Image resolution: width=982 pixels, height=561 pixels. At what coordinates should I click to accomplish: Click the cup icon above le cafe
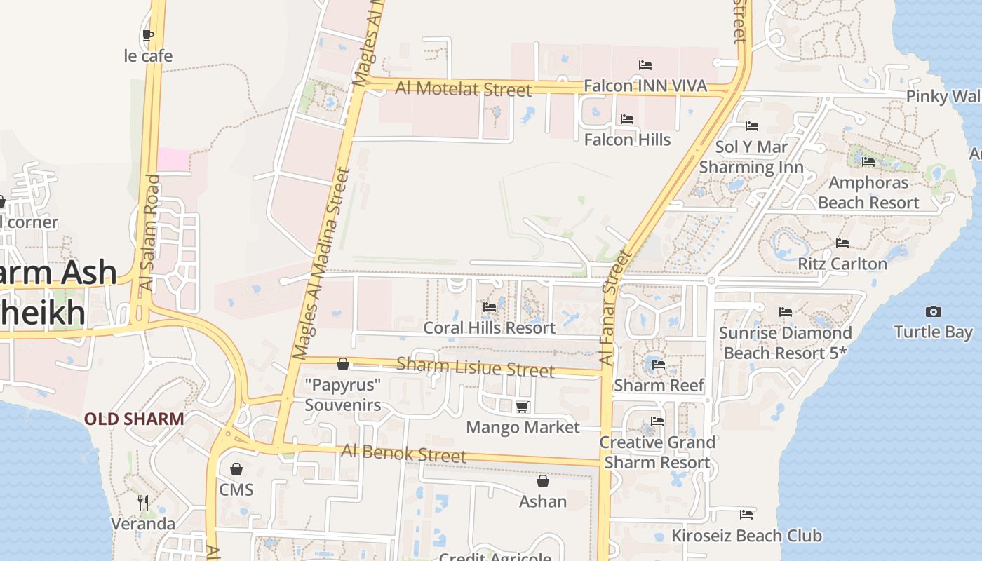point(147,35)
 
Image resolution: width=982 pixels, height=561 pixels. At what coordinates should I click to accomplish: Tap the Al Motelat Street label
point(464,89)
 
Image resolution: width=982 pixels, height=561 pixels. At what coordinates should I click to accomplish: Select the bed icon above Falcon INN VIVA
point(645,65)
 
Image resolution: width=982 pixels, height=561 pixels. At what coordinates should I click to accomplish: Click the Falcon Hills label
point(627,140)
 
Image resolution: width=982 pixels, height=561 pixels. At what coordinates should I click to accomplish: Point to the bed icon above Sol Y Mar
point(752,126)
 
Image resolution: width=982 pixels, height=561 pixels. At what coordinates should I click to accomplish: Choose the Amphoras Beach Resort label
point(868,192)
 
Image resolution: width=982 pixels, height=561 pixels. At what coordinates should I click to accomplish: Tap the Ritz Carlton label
point(842,264)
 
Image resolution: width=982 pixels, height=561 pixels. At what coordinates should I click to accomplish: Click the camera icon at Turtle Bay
point(934,311)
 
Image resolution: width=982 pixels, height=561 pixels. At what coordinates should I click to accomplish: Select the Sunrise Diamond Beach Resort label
point(785,342)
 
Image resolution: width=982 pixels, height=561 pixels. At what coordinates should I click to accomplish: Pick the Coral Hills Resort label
point(489,327)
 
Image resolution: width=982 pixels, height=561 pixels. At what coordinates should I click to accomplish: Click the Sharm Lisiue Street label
point(476,367)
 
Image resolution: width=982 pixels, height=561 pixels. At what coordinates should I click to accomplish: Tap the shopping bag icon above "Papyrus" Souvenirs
point(343,364)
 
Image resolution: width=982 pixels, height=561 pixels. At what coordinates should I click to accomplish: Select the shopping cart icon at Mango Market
point(522,407)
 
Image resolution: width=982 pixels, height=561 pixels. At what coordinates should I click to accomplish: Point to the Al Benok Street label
point(403,453)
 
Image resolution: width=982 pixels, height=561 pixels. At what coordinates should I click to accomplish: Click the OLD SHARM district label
point(134,419)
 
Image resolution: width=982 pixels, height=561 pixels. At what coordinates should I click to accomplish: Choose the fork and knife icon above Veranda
point(143,502)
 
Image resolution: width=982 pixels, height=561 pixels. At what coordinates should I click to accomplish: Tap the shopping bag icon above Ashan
point(542,481)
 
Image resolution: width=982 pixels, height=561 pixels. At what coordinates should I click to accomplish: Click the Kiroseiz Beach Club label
point(746,536)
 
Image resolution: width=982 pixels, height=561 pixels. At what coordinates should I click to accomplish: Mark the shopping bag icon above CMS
point(236,468)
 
